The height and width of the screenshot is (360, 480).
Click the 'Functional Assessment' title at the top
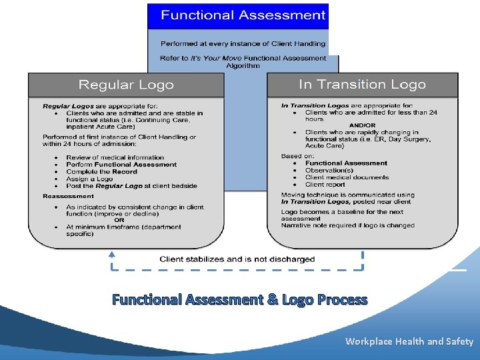(243, 15)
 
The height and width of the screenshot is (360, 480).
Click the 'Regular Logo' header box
(126, 85)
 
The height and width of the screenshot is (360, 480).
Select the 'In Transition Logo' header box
(362, 84)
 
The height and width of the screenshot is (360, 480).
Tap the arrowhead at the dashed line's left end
(111, 254)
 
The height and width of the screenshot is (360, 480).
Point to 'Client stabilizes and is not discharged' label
(237, 259)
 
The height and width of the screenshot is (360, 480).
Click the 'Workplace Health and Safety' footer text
(409, 341)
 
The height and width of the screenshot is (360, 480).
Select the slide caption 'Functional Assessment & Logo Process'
(239, 299)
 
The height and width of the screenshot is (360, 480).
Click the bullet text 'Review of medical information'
(115, 157)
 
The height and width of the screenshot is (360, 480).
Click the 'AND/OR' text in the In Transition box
(362, 125)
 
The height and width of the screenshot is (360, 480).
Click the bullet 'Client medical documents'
(347, 177)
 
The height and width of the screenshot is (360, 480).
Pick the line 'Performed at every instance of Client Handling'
(243, 44)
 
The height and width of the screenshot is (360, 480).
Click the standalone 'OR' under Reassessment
(119, 220)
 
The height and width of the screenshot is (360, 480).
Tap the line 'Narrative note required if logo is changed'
(347, 225)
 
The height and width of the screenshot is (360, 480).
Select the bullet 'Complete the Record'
(101, 171)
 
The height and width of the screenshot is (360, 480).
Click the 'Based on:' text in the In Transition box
(296, 156)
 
